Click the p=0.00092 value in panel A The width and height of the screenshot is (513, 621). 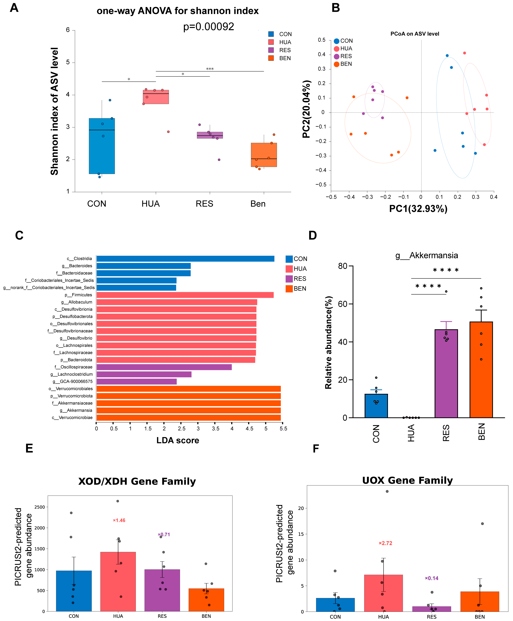[209, 27]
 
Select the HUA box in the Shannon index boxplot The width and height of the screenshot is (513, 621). [156, 97]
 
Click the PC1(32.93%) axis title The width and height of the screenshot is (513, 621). [418, 209]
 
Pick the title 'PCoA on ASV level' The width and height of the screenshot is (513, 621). [415, 34]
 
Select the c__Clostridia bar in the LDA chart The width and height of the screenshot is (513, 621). [185, 259]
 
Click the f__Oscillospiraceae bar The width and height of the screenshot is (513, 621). [164, 367]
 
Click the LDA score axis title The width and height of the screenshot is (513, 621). [178, 440]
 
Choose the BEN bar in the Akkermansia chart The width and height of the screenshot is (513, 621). [481, 369]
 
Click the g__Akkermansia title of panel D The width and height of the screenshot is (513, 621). [427, 255]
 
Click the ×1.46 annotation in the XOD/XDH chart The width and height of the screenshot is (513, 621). [119, 520]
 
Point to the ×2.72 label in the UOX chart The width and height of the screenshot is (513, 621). [385, 543]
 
